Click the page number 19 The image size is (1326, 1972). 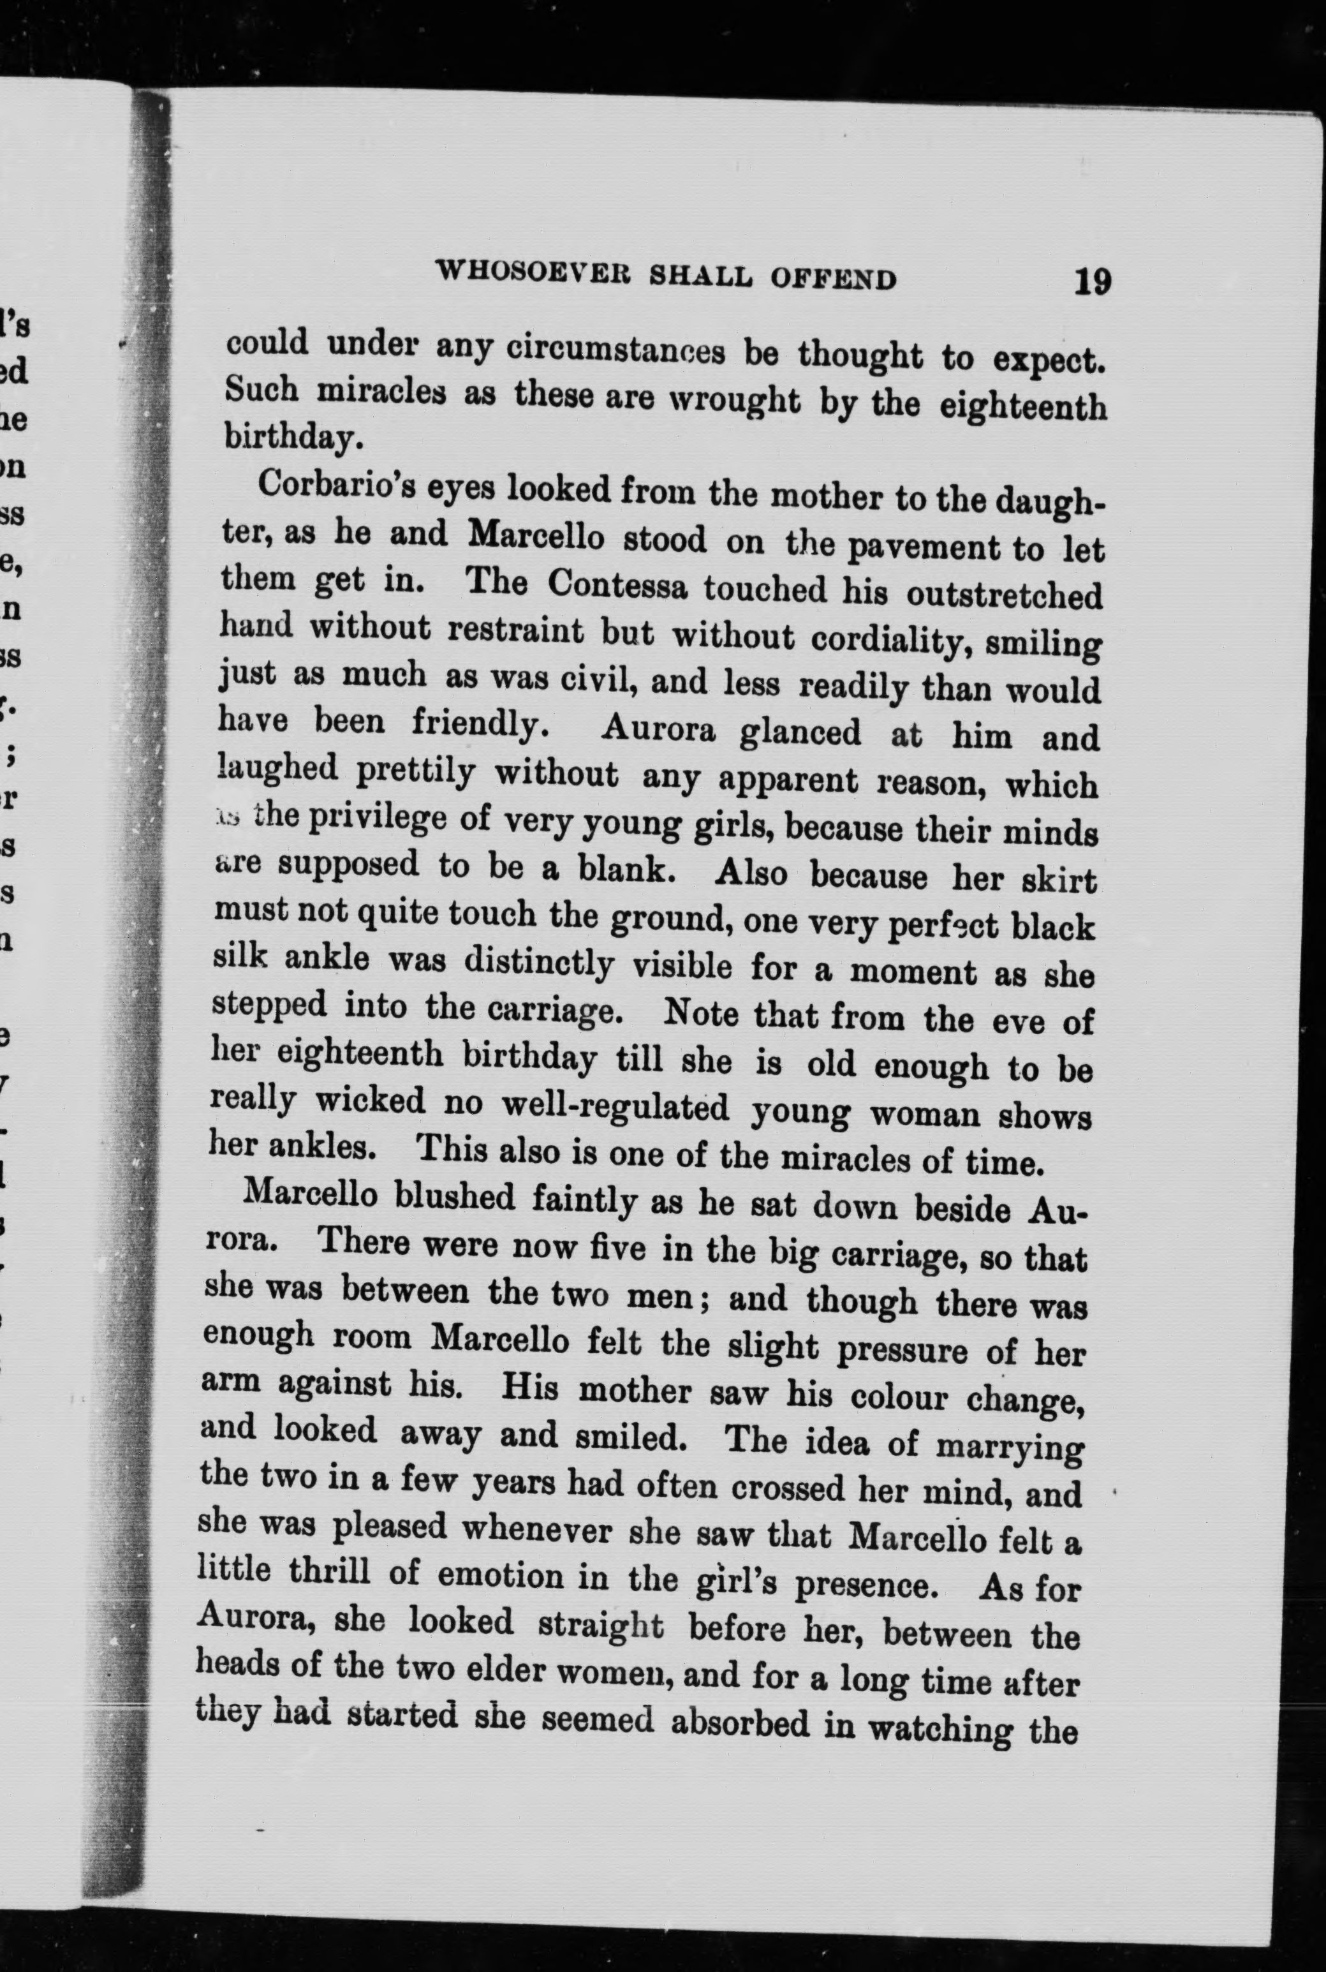click(x=1092, y=280)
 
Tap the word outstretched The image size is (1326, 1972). click(x=1004, y=595)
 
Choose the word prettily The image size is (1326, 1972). click(x=415, y=772)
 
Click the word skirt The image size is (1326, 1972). click(x=1059, y=880)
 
